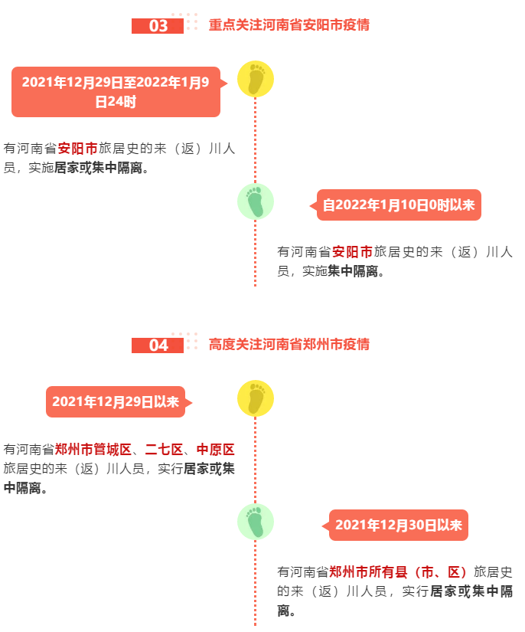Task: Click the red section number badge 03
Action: click(158, 26)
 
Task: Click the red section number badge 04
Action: click(158, 345)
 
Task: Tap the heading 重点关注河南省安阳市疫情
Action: click(289, 25)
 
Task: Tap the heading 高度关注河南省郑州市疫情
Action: click(289, 345)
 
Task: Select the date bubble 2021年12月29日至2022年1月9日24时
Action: click(116, 92)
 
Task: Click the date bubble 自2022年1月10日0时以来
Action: click(399, 205)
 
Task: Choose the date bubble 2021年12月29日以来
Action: click(116, 402)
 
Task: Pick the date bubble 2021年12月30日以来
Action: click(399, 526)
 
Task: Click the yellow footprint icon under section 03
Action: click(256, 79)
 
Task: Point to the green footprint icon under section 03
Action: click(256, 201)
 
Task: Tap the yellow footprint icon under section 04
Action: click(256, 398)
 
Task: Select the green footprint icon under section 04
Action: click(256, 522)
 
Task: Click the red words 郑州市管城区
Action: click(93, 450)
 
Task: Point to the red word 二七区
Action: click(165, 450)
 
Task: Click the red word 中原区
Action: click(216, 450)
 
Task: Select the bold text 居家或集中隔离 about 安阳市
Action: click(98, 168)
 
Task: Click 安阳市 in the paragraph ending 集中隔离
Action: click(352, 252)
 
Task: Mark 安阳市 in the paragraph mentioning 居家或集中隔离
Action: click(78, 149)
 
